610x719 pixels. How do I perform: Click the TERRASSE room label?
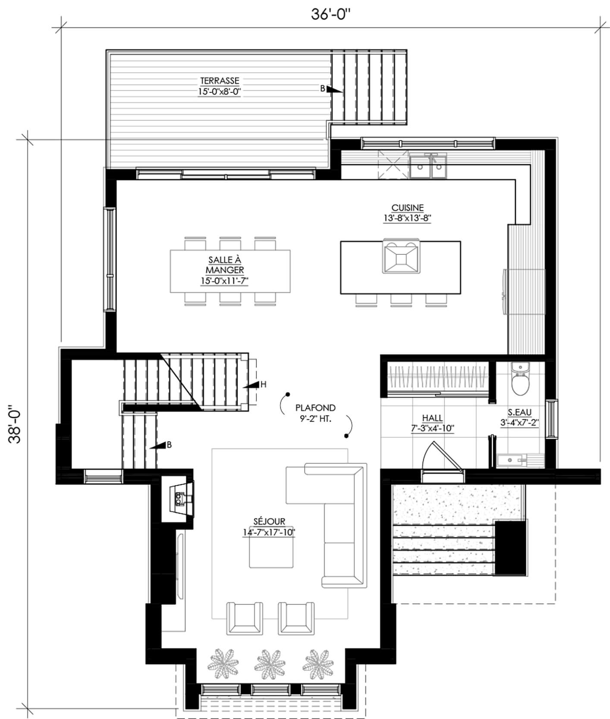219,81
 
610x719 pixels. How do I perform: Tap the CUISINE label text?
407,208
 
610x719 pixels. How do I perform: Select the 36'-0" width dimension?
331,14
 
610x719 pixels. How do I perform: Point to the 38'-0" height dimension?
17,424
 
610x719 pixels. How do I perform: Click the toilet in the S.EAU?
520,379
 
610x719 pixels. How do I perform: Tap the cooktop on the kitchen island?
401,257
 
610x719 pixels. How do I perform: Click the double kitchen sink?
428,166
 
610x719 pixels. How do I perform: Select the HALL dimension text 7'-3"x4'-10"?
432,428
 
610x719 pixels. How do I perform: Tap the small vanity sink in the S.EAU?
512,461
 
